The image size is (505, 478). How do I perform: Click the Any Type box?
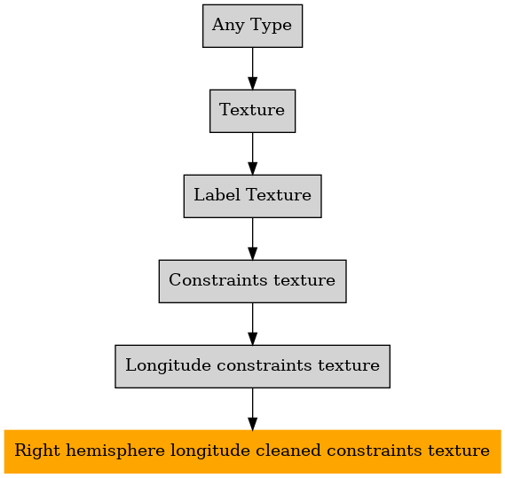tap(252, 26)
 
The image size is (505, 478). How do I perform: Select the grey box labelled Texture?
tap(252, 111)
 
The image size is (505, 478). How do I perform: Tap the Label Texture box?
tap(252, 196)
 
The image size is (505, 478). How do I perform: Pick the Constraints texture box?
tap(252, 281)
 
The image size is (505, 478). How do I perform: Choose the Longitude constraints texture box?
tap(252, 366)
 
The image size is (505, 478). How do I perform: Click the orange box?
tap(252, 451)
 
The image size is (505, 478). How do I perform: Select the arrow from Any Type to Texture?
tap(252, 68)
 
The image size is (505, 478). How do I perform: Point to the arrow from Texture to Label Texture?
tap(252, 153)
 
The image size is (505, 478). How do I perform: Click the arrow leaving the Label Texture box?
tap(252, 239)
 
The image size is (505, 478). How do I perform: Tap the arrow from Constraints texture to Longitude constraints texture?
tap(252, 325)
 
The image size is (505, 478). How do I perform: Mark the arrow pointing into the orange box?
tap(252, 409)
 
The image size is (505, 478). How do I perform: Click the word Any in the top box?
tap(228, 26)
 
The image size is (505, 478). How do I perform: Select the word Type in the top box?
tap(271, 26)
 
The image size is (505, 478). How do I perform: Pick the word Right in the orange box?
tap(37, 451)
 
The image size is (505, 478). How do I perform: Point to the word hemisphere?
tap(115, 451)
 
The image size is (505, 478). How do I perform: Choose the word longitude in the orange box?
tap(210, 451)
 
